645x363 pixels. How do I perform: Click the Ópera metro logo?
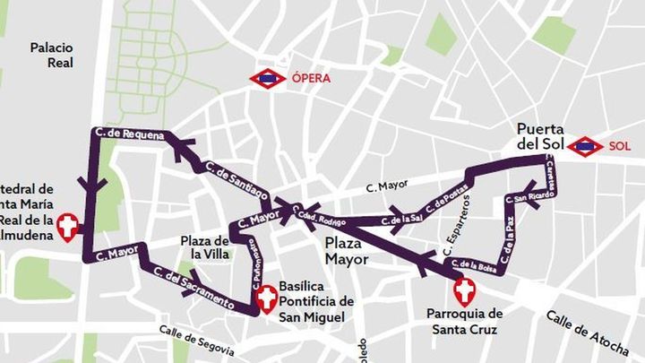click(x=267, y=79)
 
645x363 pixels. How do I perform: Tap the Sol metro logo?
click(x=586, y=145)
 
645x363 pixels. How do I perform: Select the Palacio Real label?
click(x=51, y=55)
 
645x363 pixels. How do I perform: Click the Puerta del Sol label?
click(x=540, y=135)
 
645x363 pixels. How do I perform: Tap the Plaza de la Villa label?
click(x=205, y=247)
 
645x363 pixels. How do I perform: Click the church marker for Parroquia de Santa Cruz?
click(x=464, y=291)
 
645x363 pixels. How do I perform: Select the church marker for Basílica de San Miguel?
click(x=265, y=299)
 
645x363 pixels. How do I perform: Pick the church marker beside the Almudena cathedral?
click(x=67, y=227)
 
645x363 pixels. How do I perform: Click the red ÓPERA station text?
click(x=312, y=79)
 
